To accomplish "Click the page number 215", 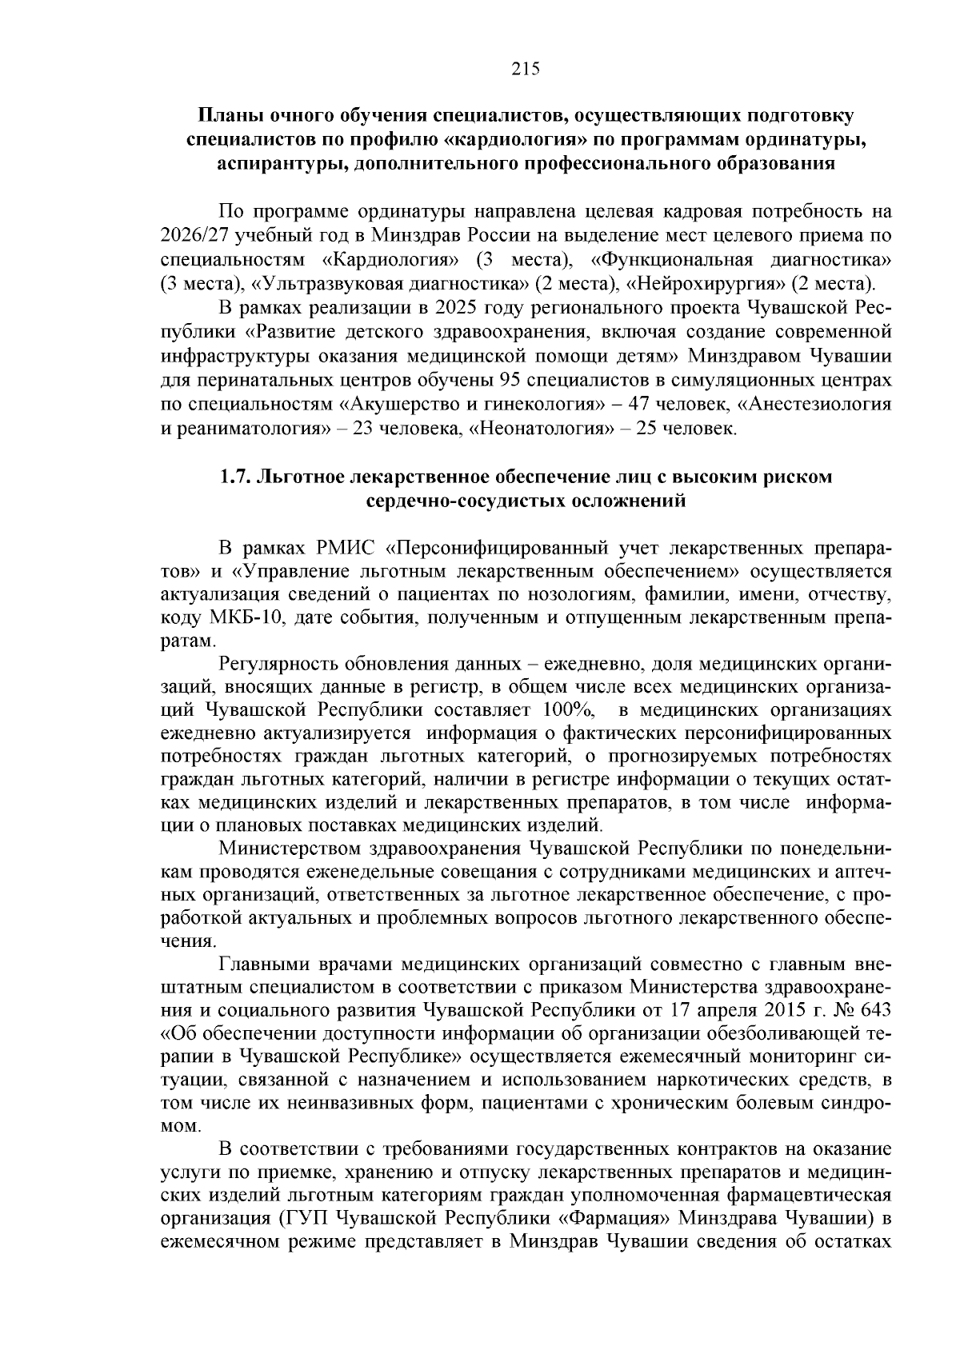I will click(526, 69).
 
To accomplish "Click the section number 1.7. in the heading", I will click(237, 477).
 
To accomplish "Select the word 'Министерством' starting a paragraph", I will click(288, 848).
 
